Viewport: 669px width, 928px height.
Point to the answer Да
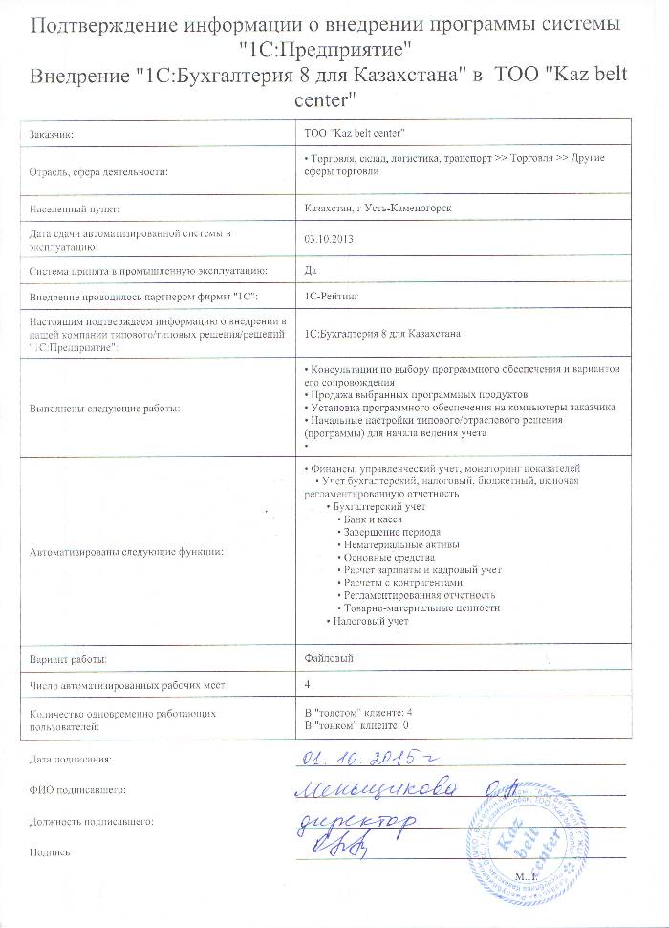point(310,271)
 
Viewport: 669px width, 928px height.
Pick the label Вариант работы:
point(68,659)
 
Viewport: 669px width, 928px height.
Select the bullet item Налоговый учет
point(370,622)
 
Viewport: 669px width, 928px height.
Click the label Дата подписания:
point(71,761)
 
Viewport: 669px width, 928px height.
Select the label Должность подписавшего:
point(92,821)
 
